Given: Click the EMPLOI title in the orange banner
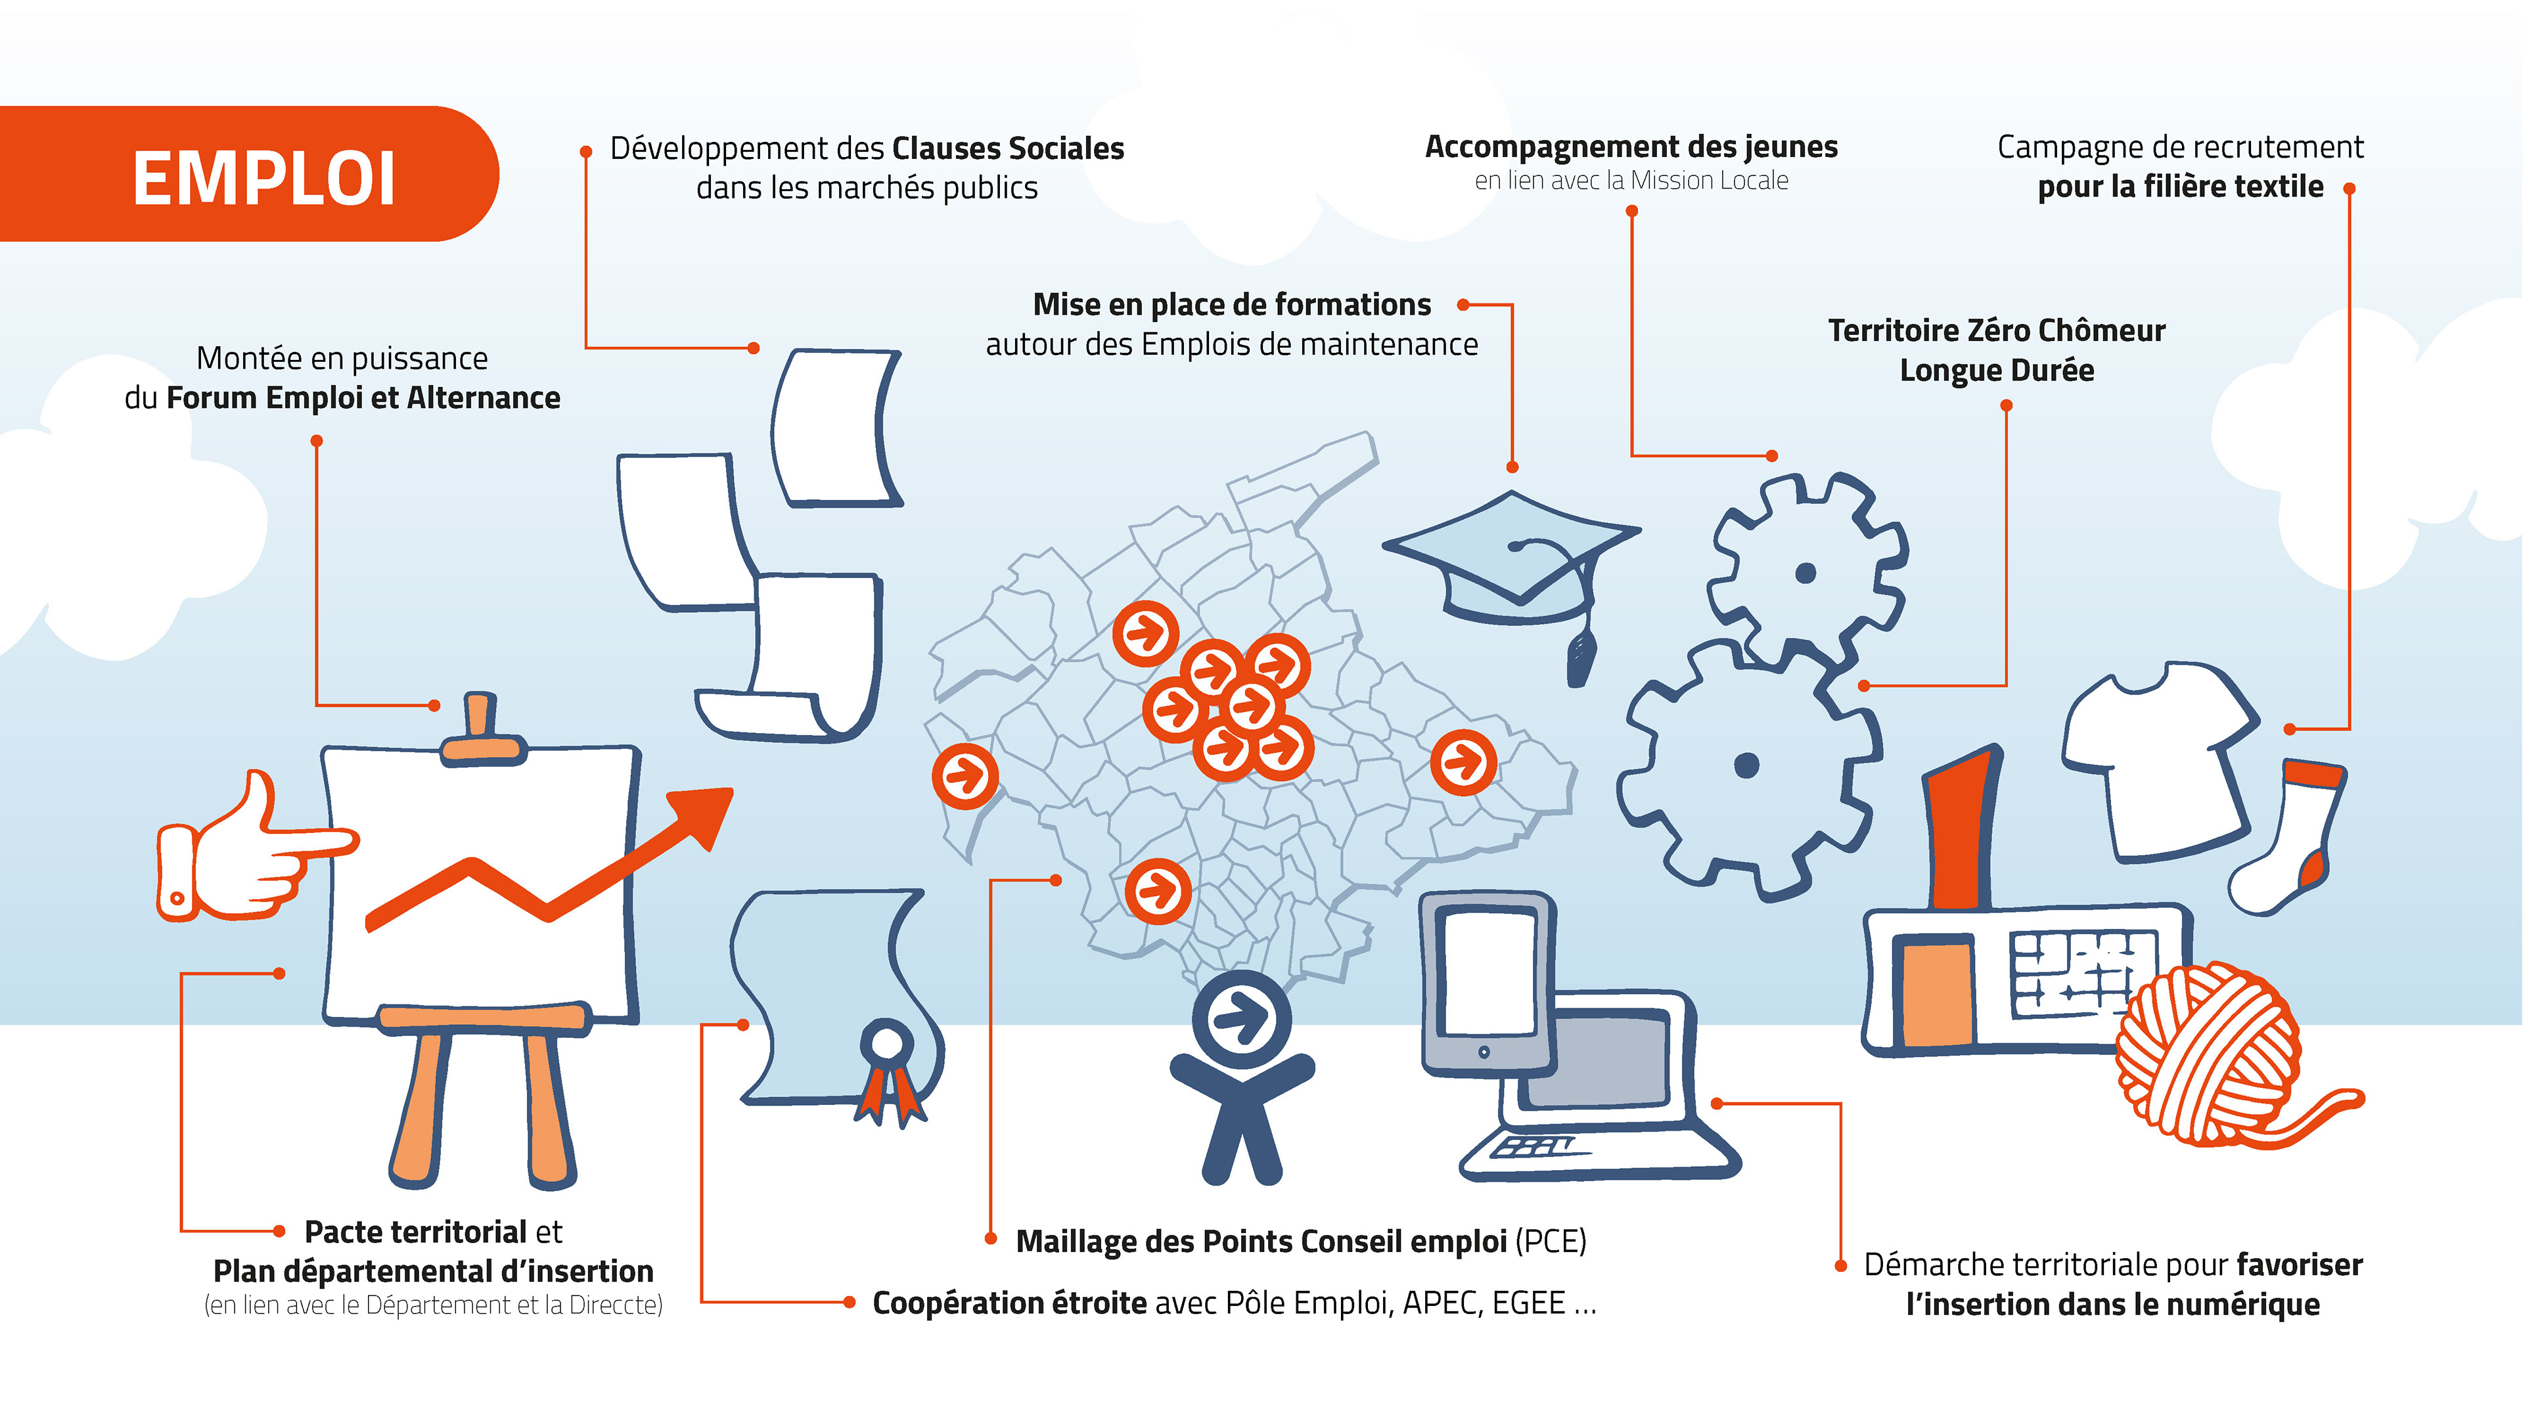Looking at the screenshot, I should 263,179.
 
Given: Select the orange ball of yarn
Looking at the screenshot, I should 2208,1052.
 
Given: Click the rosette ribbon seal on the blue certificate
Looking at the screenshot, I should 888,1048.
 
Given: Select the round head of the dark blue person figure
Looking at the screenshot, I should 1242,1018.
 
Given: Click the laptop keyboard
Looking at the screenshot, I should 1537,1146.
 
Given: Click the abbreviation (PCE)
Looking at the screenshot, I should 1551,1242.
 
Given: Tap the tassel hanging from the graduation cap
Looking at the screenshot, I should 1580,656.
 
